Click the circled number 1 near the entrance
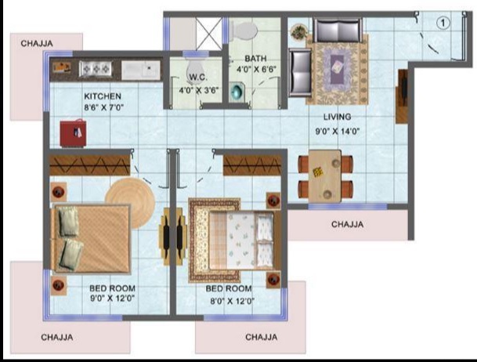[443, 24]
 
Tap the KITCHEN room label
[103, 96]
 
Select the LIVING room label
[337, 117]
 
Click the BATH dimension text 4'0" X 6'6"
[256, 70]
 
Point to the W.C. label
[198, 78]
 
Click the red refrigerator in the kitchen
[73, 133]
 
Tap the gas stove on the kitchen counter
[96, 69]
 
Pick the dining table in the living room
[325, 176]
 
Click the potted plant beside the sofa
[298, 32]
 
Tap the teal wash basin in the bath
[237, 91]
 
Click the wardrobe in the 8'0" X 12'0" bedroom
[252, 165]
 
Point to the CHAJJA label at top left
[37, 44]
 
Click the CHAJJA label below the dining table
[348, 225]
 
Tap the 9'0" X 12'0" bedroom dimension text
[112, 298]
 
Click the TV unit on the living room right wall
[402, 96]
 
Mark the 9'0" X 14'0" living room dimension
[338, 132]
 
